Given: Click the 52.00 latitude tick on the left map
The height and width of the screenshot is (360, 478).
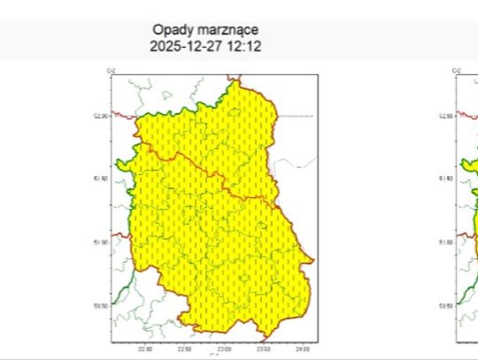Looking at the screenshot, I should [x=101, y=115].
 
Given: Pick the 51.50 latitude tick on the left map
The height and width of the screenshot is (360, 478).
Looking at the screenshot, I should [x=101, y=178].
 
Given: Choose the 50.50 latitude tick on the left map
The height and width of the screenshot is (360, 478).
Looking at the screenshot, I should [x=101, y=304].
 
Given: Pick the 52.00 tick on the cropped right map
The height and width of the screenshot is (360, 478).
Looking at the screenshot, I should [x=447, y=115].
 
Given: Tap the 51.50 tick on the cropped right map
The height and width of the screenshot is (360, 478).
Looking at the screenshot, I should [x=447, y=178].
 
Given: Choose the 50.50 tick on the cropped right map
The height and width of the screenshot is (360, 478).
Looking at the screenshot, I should [x=447, y=304].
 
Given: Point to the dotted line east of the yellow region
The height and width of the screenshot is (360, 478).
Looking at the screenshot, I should [x=296, y=116].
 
